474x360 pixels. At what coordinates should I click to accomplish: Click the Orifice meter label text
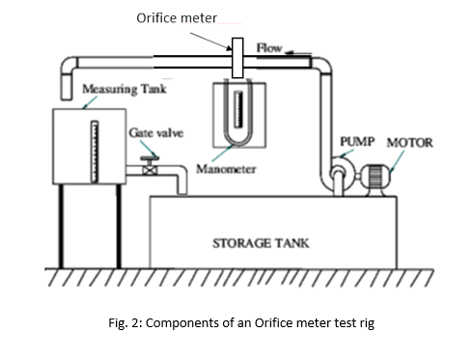tap(177, 18)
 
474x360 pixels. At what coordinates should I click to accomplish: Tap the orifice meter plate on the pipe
tap(237, 58)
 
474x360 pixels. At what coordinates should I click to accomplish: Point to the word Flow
tap(269, 48)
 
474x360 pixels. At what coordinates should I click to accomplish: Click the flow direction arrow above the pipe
tap(298, 53)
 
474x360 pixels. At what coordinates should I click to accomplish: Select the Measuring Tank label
tap(125, 89)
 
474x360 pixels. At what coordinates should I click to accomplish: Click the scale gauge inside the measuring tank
tap(95, 152)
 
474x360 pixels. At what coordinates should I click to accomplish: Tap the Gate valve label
tap(156, 132)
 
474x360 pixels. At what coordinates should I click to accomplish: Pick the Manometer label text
tap(226, 169)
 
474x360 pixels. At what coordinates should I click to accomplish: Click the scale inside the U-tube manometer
tap(238, 109)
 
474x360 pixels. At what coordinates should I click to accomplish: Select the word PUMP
tap(357, 141)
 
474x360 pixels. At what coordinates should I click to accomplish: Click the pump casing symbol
tap(342, 175)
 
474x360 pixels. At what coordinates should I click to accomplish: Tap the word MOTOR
tap(409, 143)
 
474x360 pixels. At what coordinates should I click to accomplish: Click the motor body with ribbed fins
tap(376, 177)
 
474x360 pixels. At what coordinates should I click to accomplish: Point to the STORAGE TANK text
tap(261, 243)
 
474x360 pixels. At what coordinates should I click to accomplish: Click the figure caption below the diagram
tap(241, 322)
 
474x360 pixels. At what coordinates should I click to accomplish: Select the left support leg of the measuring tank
tap(61, 226)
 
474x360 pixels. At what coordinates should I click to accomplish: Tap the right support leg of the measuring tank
tap(119, 226)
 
